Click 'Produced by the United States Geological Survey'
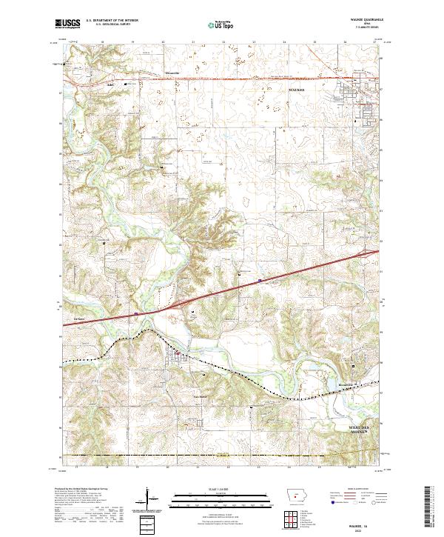[80, 490]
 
